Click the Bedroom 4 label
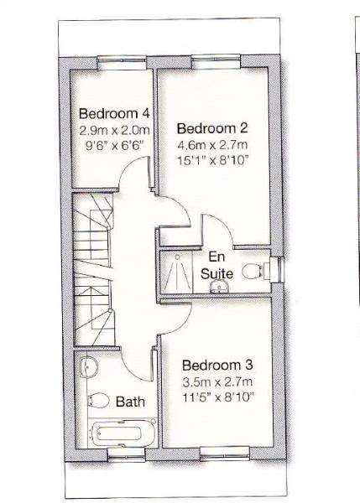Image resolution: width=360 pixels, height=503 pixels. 113,113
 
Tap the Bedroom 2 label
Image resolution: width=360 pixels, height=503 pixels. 211,128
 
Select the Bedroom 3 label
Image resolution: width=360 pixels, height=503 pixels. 217,366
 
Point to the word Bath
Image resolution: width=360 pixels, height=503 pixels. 130,402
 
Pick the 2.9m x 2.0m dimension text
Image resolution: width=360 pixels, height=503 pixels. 113,130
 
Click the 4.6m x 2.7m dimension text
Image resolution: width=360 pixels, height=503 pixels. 211,144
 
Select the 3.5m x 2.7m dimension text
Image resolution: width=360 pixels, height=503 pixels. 217,381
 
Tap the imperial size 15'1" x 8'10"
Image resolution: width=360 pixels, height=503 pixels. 211,160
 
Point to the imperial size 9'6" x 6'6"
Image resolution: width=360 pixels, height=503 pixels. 113,144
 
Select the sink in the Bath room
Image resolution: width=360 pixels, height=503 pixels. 90,366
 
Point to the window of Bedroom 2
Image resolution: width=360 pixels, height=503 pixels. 215,60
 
